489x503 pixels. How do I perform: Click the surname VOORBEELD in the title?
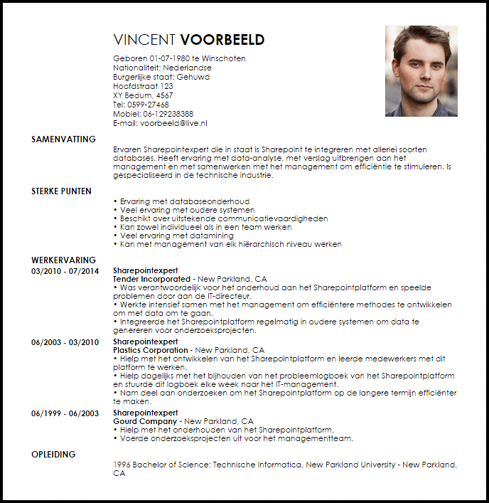222,40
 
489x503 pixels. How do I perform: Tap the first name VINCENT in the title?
145,40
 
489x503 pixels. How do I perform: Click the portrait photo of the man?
421,71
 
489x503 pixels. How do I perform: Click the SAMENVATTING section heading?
63,139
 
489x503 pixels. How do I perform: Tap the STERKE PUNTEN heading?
63,192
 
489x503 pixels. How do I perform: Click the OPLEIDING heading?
53,454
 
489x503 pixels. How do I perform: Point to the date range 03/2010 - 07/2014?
65,271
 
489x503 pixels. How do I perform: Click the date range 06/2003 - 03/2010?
65,342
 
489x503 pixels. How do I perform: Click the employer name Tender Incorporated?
152,280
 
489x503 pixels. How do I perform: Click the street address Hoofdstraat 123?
143,86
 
